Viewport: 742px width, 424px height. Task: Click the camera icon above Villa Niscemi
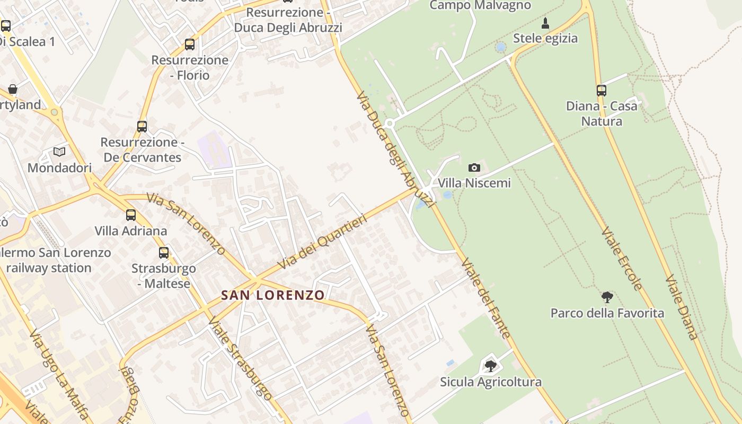[x=474, y=168]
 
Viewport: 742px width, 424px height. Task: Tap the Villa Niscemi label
[x=474, y=183]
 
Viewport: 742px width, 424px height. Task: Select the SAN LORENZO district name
[x=273, y=295]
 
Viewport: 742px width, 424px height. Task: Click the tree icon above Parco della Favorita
[x=607, y=297]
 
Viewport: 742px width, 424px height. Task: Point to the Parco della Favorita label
[x=607, y=313]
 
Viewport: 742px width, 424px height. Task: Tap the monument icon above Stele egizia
[x=545, y=23]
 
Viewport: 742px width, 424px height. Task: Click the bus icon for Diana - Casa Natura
[x=602, y=91]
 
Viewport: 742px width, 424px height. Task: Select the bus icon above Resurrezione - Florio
[x=190, y=45]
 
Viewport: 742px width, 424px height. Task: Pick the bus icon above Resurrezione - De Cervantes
[x=142, y=127]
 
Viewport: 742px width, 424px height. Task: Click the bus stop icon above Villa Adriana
[x=131, y=215]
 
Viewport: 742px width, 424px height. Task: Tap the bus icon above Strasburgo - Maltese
[x=164, y=253]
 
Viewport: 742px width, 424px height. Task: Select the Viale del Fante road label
[x=486, y=298]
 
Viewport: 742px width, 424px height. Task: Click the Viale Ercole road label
[x=622, y=259]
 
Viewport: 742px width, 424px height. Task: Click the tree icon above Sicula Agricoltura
[x=491, y=366]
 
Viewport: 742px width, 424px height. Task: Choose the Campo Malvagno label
[x=480, y=6]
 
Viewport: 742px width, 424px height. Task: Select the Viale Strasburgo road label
[x=240, y=359]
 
